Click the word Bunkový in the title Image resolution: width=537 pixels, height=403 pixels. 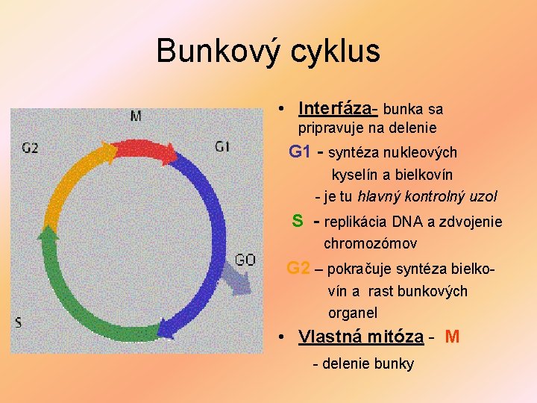(217, 51)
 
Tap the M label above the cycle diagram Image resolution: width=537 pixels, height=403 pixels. (136, 116)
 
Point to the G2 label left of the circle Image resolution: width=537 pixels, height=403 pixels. (31, 148)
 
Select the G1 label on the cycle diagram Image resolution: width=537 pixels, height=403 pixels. (222, 146)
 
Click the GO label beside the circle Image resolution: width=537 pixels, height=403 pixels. (245, 260)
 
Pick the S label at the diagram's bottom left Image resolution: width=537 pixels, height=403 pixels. (18, 322)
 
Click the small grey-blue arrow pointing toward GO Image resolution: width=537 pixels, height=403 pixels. (235, 281)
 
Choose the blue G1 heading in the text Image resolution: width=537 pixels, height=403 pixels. (299, 152)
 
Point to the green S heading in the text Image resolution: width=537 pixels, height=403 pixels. (297, 221)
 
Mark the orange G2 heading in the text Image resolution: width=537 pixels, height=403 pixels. (298, 268)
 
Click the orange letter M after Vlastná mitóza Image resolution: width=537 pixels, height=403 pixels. (452, 337)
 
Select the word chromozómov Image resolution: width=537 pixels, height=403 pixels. (370, 243)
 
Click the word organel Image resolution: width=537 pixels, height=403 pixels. (353, 313)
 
